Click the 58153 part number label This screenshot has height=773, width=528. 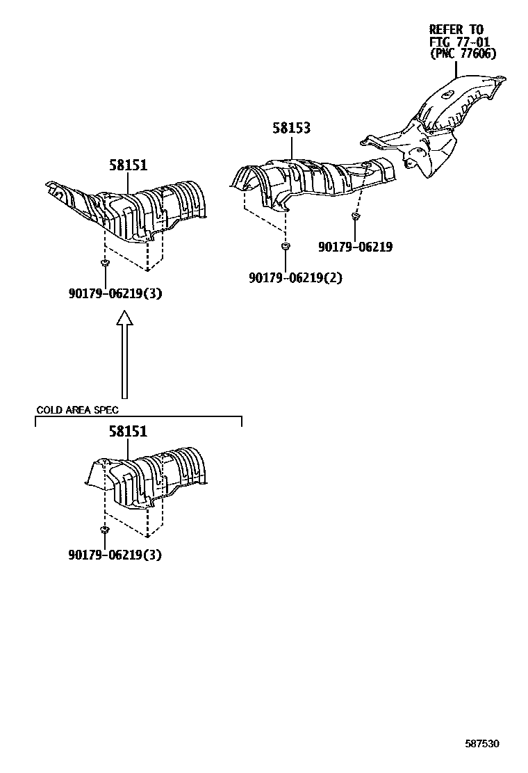(291, 129)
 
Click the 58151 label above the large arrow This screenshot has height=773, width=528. (128, 165)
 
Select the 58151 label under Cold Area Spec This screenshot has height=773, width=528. (128, 432)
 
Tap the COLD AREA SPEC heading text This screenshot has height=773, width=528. (77, 410)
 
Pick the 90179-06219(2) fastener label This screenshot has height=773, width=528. (296, 278)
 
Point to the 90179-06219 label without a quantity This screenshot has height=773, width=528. (355, 247)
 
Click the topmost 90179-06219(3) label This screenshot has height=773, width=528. (115, 293)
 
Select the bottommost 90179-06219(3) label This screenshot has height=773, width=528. (115, 555)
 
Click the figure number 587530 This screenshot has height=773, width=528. (482, 744)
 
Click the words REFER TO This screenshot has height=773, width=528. (456, 29)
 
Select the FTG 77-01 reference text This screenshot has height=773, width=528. (459, 42)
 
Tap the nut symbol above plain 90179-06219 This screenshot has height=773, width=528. (354, 218)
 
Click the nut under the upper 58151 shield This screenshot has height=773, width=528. (105, 263)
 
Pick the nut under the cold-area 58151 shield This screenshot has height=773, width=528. (104, 530)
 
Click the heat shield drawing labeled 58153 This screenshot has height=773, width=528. (313, 177)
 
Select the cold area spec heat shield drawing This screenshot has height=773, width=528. (149, 480)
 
